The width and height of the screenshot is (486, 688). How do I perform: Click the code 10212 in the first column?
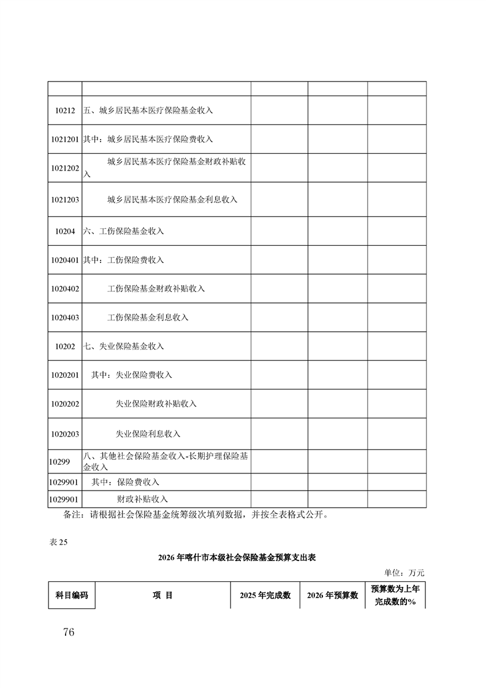click(x=64, y=111)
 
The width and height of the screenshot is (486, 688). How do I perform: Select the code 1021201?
click(x=65, y=140)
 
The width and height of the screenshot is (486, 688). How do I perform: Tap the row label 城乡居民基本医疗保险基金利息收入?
click(x=172, y=200)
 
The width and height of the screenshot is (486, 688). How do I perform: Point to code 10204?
click(x=64, y=231)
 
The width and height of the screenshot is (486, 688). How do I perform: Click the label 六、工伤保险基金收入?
click(x=123, y=231)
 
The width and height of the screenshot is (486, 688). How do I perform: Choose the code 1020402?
click(x=65, y=289)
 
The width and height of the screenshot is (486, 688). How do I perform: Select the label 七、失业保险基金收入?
click(x=123, y=346)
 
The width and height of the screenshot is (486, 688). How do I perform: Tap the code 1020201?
click(x=65, y=375)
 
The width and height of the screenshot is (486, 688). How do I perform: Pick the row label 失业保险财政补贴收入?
click(x=156, y=404)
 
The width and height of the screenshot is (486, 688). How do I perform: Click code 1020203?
click(x=65, y=434)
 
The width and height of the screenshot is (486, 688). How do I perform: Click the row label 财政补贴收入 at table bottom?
click(x=142, y=499)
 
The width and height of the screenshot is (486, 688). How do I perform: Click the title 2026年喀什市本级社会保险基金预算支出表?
click(x=237, y=558)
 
